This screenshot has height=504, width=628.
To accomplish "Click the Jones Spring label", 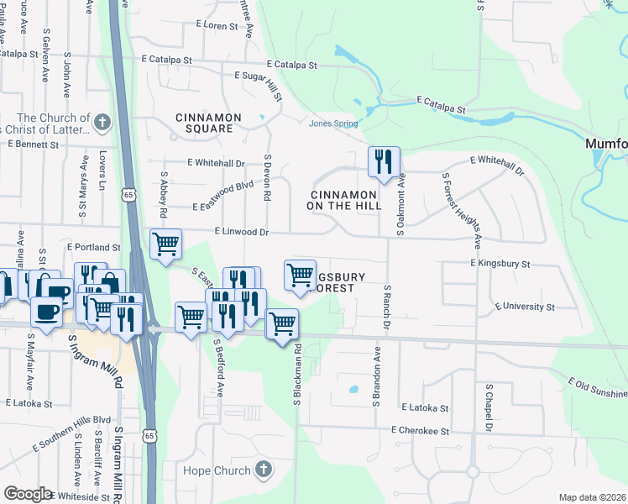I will pos(333,123).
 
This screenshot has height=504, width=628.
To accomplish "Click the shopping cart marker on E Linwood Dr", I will pos(166,244).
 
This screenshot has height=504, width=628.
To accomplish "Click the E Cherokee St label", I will pos(421,430).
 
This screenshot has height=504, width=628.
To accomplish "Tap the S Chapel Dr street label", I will pos(488,411).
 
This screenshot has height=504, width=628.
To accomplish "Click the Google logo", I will pos(28,494).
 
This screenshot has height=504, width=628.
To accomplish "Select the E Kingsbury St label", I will pos(500,263).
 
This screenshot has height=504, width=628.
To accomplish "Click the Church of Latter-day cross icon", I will pos(102,123).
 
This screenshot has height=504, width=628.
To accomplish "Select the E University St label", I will pos(525,307).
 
